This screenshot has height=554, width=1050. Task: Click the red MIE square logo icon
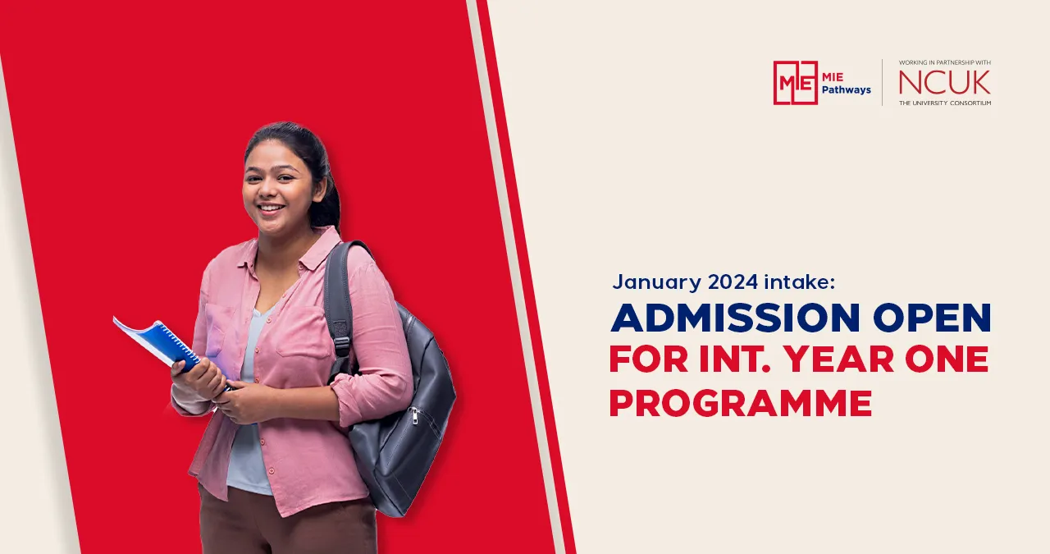point(795,82)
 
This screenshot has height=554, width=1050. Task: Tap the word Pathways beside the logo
point(847,89)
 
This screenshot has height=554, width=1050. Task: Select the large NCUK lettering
point(944,82)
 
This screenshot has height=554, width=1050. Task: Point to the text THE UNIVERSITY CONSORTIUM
point(944,103)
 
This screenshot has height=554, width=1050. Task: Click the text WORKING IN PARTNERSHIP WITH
point(944,62)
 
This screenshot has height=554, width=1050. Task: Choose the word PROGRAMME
point(740,403)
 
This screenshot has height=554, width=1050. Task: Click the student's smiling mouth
point(270,208)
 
